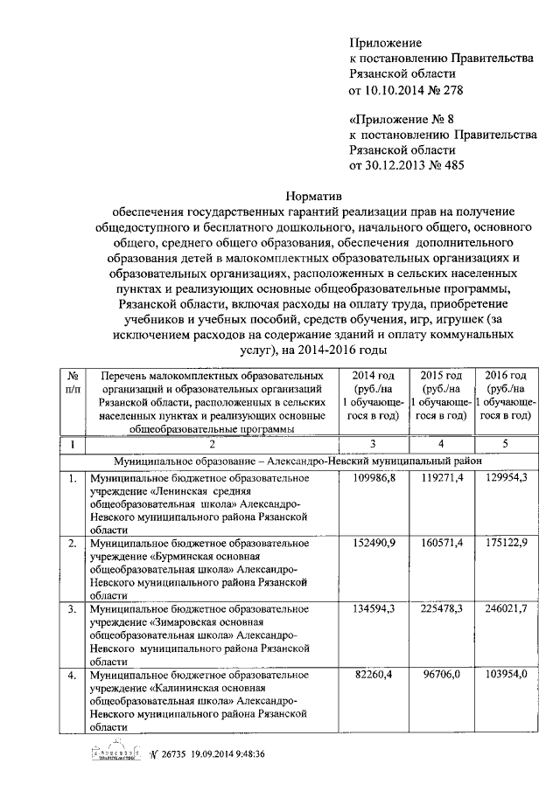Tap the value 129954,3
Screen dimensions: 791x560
(x=504, y=478)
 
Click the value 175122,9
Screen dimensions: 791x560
(x=504, y=543)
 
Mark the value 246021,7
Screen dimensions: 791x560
(x=504, y=607)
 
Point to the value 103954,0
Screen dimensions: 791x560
(x=504, y=673)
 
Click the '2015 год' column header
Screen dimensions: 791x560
(x=439, y=376)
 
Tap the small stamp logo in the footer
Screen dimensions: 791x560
(x=115, y=754)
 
